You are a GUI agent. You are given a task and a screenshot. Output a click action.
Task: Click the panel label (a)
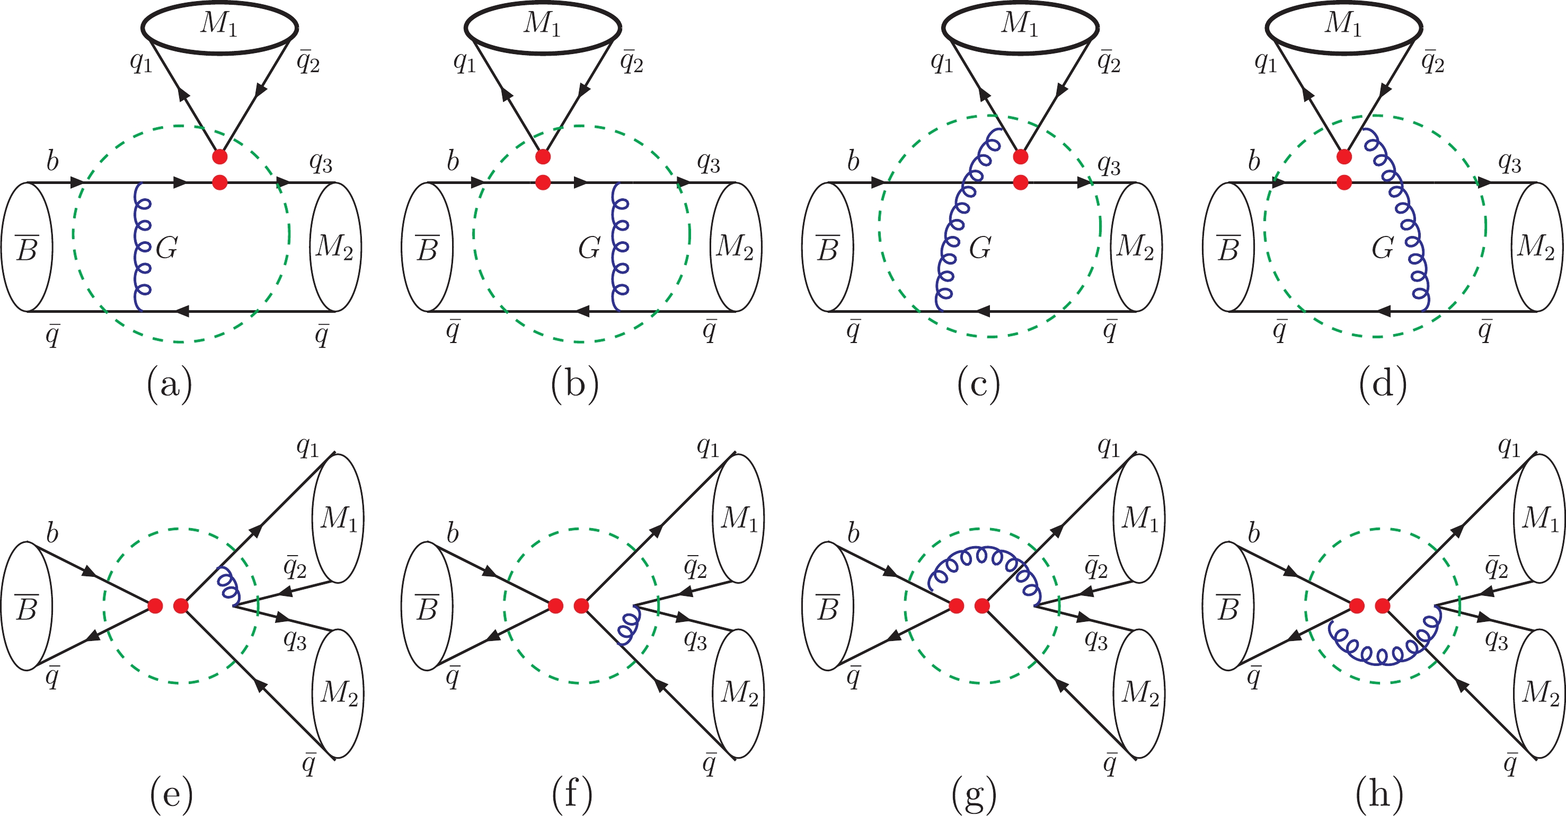(x=170, y=384)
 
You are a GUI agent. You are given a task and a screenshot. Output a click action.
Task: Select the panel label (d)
(x=1384, y=384)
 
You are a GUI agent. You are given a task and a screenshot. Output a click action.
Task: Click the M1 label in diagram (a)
(x=219, y=23)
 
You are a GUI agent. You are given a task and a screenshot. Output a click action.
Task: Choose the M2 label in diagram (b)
(x=735, y=247)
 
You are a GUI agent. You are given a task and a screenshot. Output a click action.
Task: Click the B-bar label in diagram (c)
(x=828, y=248)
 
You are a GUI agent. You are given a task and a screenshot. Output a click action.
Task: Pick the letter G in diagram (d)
(x=1383, y=248)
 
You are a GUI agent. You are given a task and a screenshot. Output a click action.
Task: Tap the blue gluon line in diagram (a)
(x=142, y=247)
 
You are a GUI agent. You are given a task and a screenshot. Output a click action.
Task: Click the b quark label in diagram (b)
(x=453, y=161)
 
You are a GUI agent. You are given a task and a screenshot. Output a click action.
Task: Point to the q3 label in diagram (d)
(x=1510, y=163)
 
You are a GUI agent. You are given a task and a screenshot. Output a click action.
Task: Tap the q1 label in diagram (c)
(x=942, y=62)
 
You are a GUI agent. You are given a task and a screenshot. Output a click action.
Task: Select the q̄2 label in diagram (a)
(x=308, y=62)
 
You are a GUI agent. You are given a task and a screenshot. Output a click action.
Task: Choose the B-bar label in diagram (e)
(x=26, y=608)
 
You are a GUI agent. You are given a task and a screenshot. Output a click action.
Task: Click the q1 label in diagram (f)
(x=707, y=447)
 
